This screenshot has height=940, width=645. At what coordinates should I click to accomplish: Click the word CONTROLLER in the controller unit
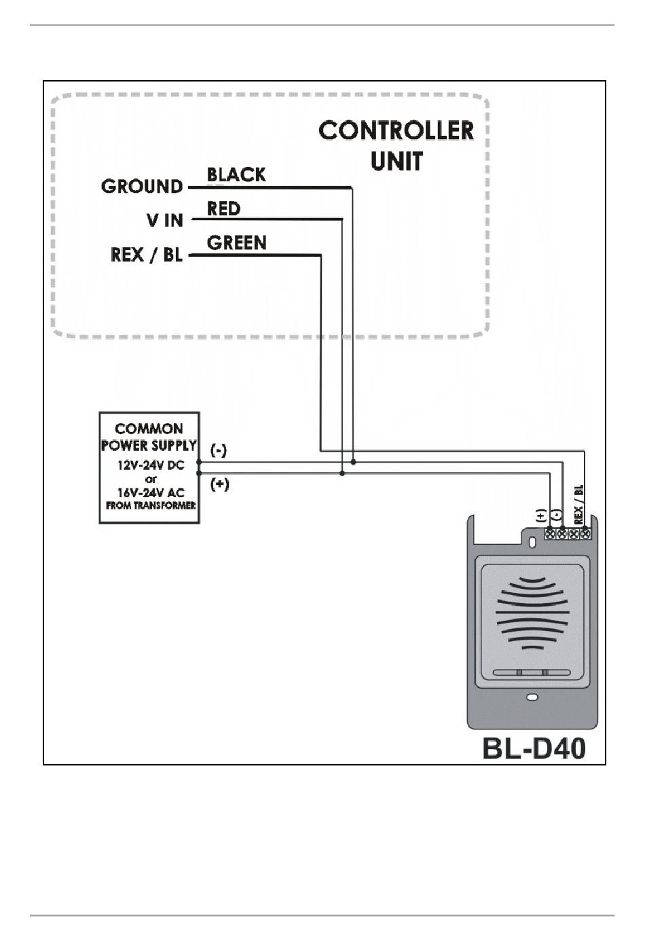pos(397,130)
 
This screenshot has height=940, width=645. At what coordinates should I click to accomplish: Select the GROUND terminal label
pos(142,186)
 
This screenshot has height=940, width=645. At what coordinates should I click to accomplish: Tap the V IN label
pos(165,220)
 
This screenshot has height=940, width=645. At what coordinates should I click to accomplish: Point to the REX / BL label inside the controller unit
pos(147,254)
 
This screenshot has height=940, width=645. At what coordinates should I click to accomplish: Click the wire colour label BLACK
pos(236,175)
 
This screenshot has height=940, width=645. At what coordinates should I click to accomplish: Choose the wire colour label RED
pos(223,209)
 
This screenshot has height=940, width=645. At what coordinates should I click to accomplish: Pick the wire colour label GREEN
pos(236,242)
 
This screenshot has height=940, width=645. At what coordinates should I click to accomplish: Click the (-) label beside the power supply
pos(219,451)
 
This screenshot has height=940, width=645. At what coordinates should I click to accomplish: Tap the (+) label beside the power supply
pos(220,484)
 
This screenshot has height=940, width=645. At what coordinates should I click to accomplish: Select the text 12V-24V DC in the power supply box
pos(151,465)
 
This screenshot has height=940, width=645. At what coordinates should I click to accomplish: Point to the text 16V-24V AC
pos(151,492)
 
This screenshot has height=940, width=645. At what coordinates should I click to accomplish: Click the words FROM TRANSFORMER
pos(151,506)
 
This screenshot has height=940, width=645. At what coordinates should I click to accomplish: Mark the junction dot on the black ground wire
pos(353,462)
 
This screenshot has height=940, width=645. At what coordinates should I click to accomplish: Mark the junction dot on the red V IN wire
pos(342,473)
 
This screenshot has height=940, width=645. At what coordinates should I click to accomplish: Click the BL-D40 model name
pos(534,748)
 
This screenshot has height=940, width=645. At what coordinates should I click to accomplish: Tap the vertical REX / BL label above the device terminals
pos(578,505)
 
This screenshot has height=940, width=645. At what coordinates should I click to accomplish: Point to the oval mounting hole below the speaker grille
pos(532,697)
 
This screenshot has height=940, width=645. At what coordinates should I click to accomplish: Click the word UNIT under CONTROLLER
pos(397,161)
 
